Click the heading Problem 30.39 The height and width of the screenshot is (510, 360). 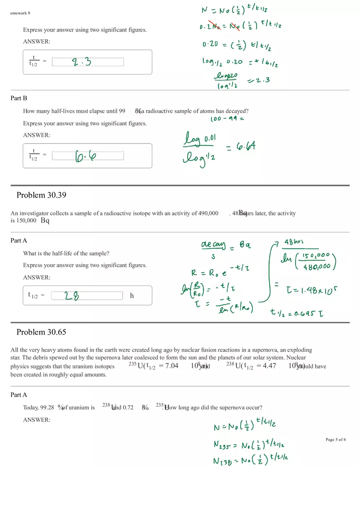tap(41, 195)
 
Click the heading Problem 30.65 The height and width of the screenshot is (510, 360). tap(41, 332)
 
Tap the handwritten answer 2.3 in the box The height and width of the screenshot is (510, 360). tap(81, 62)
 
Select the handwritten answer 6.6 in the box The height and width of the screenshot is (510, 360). tap(85, 156)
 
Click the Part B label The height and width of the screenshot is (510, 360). tap(19, 98)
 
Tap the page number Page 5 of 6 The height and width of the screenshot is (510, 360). tap(335, 440)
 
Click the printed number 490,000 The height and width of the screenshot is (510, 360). tap(208, 213)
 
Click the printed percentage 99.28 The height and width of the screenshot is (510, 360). tap(47, 407)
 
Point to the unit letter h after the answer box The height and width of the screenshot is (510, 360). tap(132, 295)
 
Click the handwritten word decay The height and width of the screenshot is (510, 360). tap(213, 245)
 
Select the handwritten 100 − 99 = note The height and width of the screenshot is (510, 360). tap(227, 119)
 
